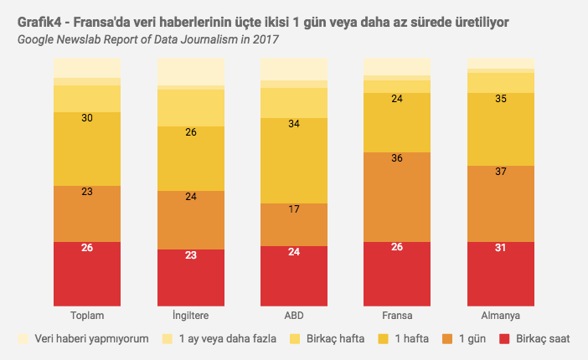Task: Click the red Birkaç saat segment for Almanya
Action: tap(500, 274)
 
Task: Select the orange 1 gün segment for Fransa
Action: tap(397, 197)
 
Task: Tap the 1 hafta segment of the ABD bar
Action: tap(294, 160)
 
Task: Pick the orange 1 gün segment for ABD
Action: tap(294, 224)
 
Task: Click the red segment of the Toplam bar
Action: tap(87, 274)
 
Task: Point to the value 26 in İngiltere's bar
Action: tap(190, 132)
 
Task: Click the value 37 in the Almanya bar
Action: tap(500, 172)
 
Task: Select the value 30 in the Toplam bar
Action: tap(87, 118)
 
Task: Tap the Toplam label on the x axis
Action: tap(87, 316)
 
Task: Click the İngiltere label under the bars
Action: tap(190, 316)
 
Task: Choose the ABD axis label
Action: tap(294, 316)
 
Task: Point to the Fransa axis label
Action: tap(397, 316)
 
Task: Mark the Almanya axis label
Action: tap(500, 316)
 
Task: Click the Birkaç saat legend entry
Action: tap(536, 339)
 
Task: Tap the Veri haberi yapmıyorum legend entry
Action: tap(84, 339)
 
